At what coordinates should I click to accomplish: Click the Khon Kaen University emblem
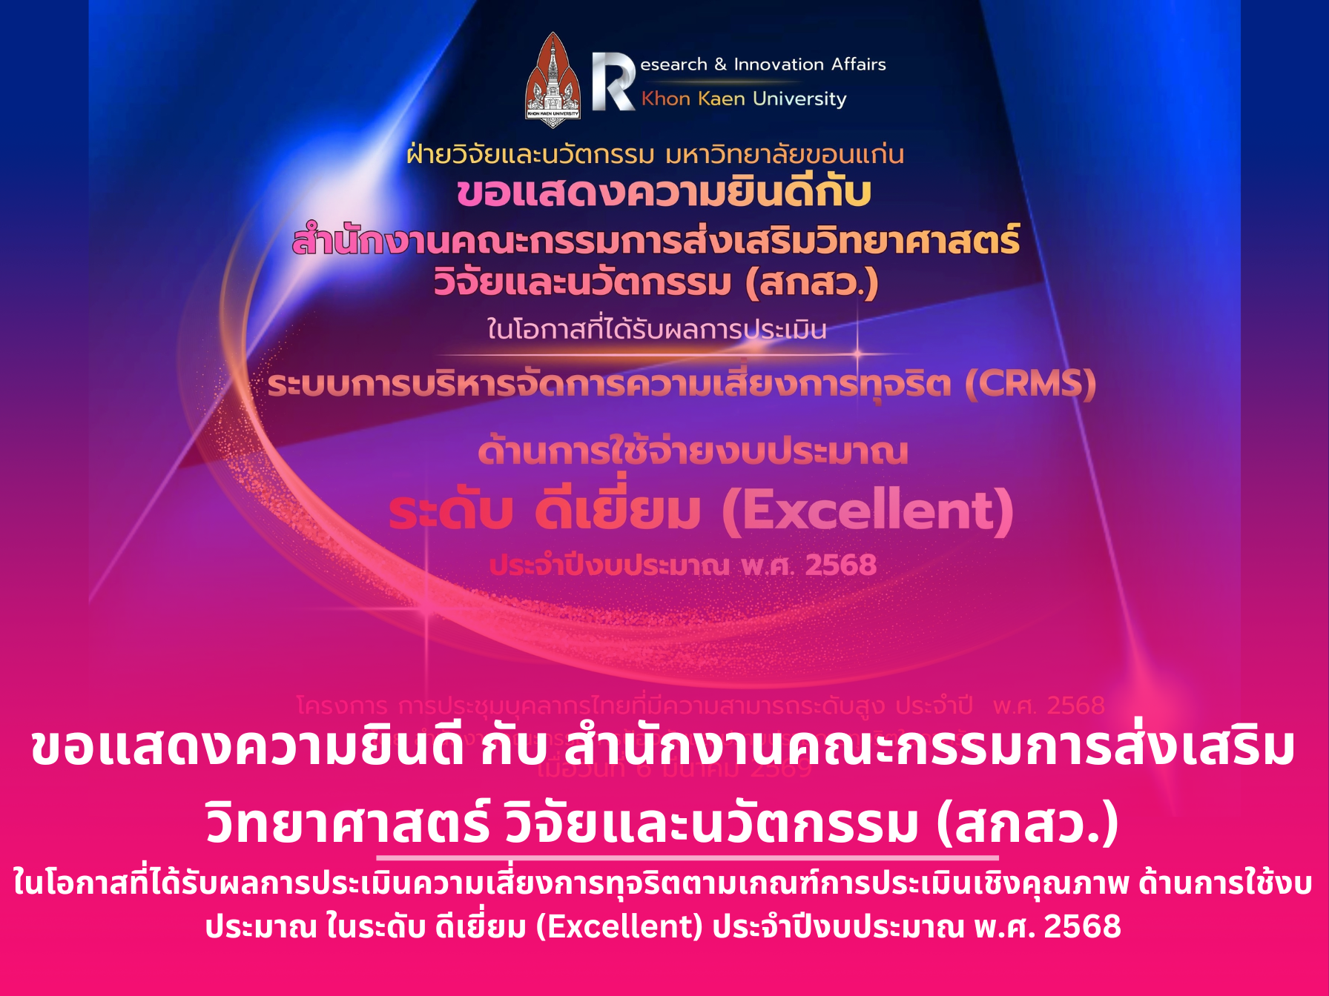[x=553, y=80]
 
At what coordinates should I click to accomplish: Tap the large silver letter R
[x=612, y=82]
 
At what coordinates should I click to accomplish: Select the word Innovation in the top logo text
[x=779, y=64]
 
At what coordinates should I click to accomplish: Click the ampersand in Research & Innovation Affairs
[x=720, y=64]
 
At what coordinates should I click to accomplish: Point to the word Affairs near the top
[x=859, y=64]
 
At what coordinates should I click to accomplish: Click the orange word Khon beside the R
[x=666, y=99]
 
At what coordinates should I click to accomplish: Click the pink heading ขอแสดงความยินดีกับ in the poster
[x=664, y=193]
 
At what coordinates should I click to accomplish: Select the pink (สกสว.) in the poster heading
[x=812, y=283]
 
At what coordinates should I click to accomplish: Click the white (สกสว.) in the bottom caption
[x=1028, y=824]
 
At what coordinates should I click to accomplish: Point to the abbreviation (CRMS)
[x=1030, y=384]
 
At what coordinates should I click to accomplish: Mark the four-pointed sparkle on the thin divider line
[x=858, y=354]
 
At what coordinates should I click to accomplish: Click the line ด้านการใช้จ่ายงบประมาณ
[x=693, y=452]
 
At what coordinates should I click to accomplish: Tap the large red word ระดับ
[x=451, y=511]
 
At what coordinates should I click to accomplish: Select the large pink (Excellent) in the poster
[x=868, y=511]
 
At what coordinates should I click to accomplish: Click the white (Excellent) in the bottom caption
[x=619, y=926]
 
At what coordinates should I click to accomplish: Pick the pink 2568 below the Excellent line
[x=841, y=565]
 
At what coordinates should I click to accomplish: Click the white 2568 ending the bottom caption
[x=1083, y=926]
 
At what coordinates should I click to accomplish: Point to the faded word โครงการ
[x=342, y=705]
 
